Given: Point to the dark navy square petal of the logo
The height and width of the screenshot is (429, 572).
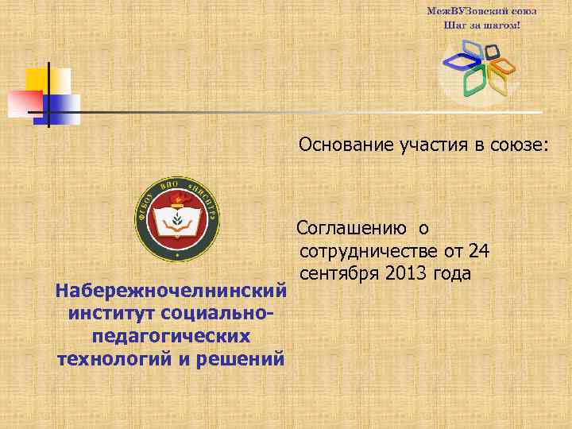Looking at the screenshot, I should (492, 52).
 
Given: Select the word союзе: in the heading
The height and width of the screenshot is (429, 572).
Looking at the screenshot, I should (517, 145).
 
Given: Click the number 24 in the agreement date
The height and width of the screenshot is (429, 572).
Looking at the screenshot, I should (479, 251).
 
